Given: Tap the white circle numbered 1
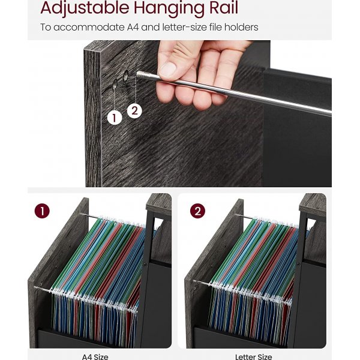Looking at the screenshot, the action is click(115, 118).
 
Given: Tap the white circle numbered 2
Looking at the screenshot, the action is click(134, 111).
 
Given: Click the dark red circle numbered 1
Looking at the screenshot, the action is click(42, 211).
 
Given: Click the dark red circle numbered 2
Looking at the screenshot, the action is click(197, 211).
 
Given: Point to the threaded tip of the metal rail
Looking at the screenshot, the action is click(140, 74).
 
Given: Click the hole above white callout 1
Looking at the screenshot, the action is click(115, 84).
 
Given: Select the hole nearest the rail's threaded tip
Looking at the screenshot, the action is click(126, 76).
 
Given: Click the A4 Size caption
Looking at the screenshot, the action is click(95, 357).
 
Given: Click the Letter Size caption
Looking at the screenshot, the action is click(253, 357).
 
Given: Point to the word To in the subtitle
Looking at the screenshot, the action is click(46, 28).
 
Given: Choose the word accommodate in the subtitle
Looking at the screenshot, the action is click(89, 28).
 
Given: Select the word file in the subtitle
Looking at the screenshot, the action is click(215, 27).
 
